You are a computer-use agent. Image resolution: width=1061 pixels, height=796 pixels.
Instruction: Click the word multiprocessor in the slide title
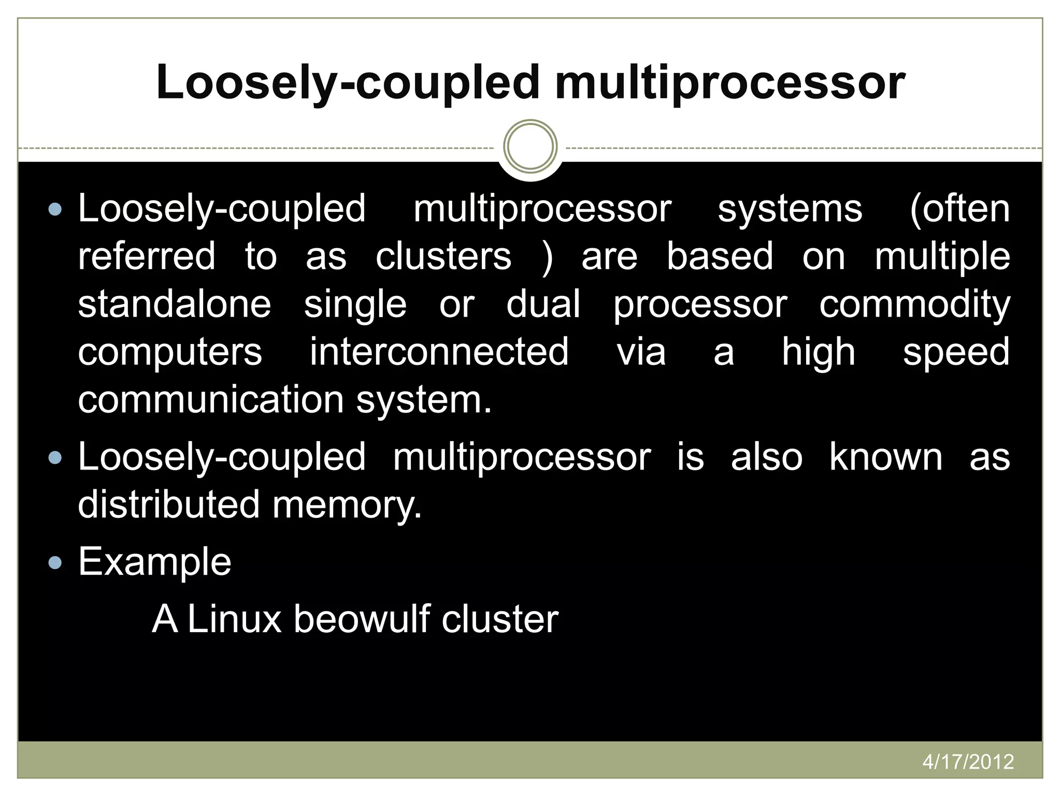click(730, 83)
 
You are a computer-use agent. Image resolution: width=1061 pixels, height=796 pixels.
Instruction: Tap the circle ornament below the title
click(530, 146)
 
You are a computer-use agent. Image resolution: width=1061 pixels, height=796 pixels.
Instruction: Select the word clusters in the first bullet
click(443, 256)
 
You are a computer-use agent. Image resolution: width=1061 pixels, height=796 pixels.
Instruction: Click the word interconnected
click(439, 352)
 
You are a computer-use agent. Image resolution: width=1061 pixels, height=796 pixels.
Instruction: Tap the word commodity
click(914, 305)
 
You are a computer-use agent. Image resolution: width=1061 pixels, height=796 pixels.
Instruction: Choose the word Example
click(155, 562)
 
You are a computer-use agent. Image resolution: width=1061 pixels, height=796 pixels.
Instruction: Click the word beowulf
click(362, 619)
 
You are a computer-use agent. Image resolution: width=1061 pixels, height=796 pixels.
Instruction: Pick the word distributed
click(169, 504)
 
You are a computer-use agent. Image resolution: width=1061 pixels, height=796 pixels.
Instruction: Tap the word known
click(886, 457)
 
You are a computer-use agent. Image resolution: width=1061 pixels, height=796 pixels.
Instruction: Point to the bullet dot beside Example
click(54, 563)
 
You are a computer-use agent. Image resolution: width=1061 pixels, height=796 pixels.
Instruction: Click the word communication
click(211, 400)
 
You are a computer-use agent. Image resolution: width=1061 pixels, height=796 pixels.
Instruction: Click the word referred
click(147, 256)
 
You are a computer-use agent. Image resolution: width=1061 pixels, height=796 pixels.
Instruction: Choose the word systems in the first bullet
click(790, 209)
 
